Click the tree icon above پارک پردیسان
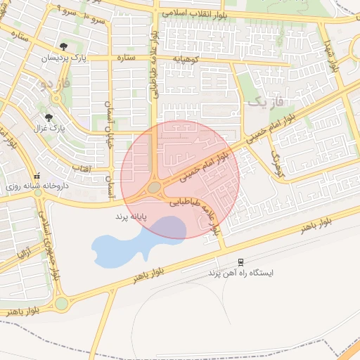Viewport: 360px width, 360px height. tap(66, 47)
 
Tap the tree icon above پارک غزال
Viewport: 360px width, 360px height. tap(49, 118)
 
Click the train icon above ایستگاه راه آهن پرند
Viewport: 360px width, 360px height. tap(241, 261)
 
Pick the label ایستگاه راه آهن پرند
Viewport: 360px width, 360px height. tap(241, 271)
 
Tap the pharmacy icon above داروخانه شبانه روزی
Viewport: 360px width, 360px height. tap(37, 176)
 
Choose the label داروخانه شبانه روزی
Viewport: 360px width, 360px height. tap(34, 186)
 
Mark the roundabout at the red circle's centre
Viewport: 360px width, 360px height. tap(155, 187)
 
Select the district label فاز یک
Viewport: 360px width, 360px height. tap(268, 103)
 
